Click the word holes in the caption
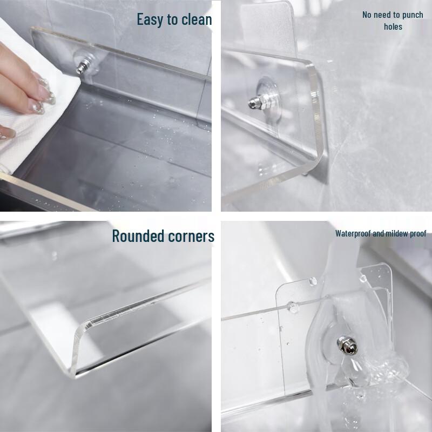tap(393, 26)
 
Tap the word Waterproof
tap(353, 234)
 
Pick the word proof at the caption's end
tap(417, 234)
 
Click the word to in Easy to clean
tap(172, 20)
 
